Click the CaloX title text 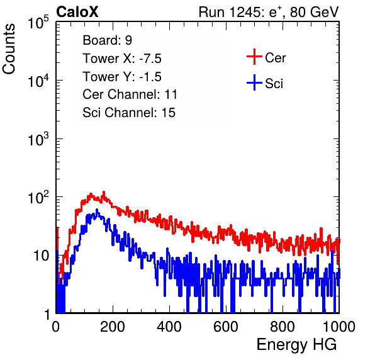[x=77, y=12]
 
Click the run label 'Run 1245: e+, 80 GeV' [x=269, y=12]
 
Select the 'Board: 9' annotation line [x=107, y=40]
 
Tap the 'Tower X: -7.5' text [x=122, y=59]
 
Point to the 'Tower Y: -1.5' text [x=122, y=77]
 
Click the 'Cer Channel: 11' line [x=130, y=94]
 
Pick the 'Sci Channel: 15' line [x=129, y=113]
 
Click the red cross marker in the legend [x=254, y=57]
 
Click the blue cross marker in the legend [x=254, y=82]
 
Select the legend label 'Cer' [x=275, y=58]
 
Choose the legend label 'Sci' [x=274, y=84]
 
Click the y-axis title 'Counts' [x=9, y=49]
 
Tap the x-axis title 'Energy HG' [x=296, y=345]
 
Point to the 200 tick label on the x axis [x=113, y=327]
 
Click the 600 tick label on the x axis [x=226, y=327]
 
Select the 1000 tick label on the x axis [x=339, y=327]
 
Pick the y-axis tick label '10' [x=41, y=256]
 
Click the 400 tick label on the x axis [x=169, y=327]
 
